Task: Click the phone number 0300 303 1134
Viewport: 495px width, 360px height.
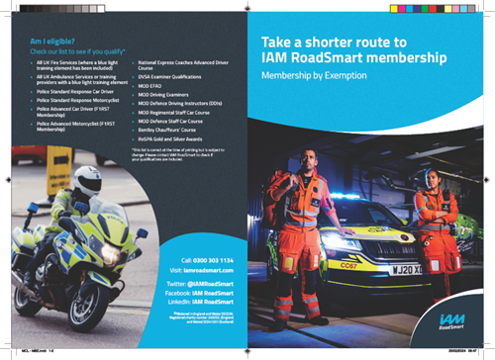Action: pyautogui.click(x=214, y=259)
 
